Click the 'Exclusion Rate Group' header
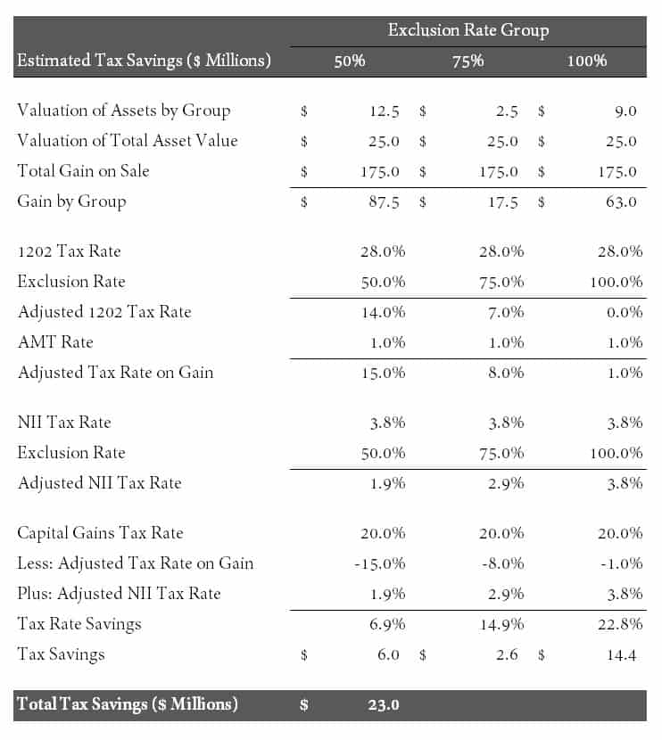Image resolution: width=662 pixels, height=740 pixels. (x=468, y=30)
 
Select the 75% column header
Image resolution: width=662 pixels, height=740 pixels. (x=468, y=61)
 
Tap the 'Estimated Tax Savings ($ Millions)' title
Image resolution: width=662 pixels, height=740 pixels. (x=144, y=61)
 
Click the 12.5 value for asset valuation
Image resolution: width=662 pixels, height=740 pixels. (x=384, y=111)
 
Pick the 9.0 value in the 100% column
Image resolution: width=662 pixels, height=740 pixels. (x=625, y=111)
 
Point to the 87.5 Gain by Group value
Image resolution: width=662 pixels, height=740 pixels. (x=384, y=202)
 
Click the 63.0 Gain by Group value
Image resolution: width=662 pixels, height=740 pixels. (x=621, y=202)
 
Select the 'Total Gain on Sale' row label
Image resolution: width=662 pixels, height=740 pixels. (x=83, y=171)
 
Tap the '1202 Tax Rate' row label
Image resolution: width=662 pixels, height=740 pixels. (x=69, y=251)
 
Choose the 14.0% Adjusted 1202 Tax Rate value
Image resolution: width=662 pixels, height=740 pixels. (x=383, y=312)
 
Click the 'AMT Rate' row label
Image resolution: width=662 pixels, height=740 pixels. (x=55, y=342)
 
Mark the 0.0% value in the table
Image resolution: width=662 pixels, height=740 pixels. (x=625, y=312)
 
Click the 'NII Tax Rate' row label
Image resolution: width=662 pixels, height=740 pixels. (x=64, y=422)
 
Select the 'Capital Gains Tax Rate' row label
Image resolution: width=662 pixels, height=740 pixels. (x=100, y=533)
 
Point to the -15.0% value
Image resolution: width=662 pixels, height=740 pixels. (x=380, y=563)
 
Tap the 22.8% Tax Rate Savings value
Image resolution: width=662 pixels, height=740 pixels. (x=620, y=624)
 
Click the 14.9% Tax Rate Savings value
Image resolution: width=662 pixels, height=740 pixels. (x=501, y=624)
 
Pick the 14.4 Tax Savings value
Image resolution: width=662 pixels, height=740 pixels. (x=621, y=655)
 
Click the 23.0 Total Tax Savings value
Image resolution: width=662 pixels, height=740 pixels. (x=384, y=704)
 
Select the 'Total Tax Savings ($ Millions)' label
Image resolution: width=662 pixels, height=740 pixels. (x=128, y=704)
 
